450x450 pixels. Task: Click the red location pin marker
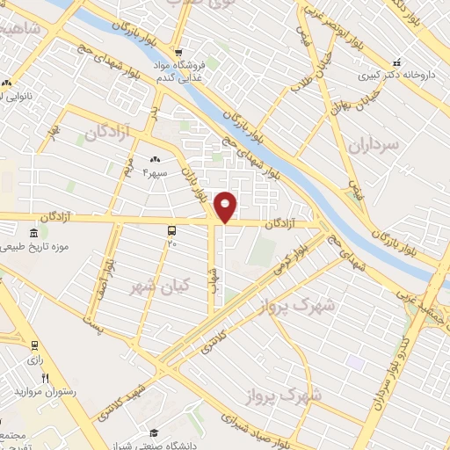pos(226,207)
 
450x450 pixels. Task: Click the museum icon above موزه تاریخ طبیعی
pos(33,233)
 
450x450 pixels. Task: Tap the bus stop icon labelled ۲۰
pos(171,229)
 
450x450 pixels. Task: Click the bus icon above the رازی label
pos(33,345)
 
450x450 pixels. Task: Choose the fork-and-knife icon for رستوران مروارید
pos(45,377)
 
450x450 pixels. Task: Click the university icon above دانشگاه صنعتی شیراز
pos(155,432)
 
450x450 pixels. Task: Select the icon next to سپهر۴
pos(155,159)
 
